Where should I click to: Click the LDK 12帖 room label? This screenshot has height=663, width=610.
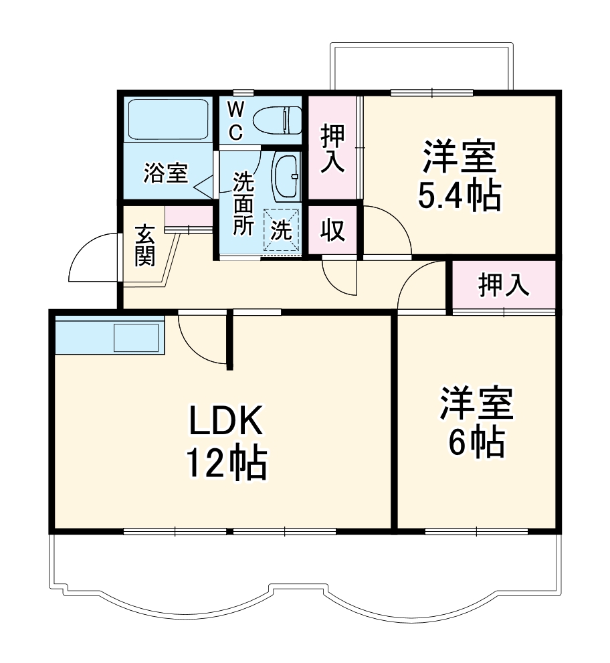click(225, 442)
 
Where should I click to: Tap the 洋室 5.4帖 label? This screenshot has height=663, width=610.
click(459, 176)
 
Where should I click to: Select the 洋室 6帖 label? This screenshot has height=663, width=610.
click(476, 422)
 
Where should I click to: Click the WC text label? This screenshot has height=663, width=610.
click(236, 121)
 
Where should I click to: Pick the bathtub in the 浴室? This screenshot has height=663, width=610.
click(168, 120)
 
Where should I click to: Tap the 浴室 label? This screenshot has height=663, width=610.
click(165, 174)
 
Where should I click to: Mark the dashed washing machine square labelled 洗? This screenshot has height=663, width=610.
click(281, 231)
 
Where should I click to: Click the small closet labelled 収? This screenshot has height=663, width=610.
click(332, 231)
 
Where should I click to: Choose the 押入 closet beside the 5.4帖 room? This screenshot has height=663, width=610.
click(332, 149)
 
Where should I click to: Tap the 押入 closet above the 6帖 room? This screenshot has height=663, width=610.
click(504, 286)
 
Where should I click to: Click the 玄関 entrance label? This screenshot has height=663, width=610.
click(144, 246)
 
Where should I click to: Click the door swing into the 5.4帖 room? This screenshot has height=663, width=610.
click(386, 231)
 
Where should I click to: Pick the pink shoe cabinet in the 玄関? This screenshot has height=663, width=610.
click(188, 217)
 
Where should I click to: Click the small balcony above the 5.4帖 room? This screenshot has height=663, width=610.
click(423, 67)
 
